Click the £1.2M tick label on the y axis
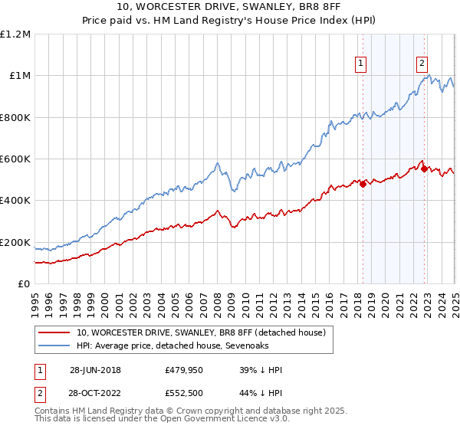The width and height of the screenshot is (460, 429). coord(16,34)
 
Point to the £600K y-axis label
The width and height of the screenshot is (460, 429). coord(16,159)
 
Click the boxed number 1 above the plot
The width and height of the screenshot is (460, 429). coord(360,64)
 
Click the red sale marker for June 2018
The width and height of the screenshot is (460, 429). coord(363,184)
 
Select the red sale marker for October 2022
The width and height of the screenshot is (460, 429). coord(424,169)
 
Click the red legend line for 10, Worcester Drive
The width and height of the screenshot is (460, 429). coord(54,332)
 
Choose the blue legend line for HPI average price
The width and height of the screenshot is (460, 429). coord(54,346)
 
